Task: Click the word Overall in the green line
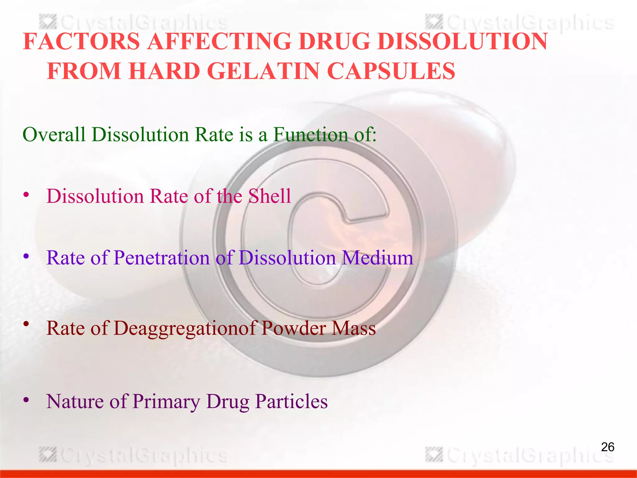point(54,135)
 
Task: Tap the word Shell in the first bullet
point(269,196)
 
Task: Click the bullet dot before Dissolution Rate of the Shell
point(26,195)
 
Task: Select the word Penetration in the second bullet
point(162,258)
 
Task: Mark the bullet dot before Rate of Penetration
point(26,257)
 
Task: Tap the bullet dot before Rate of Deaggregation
point(26,324)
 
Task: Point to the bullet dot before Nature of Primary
point(26,400)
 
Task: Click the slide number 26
point(607,447)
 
